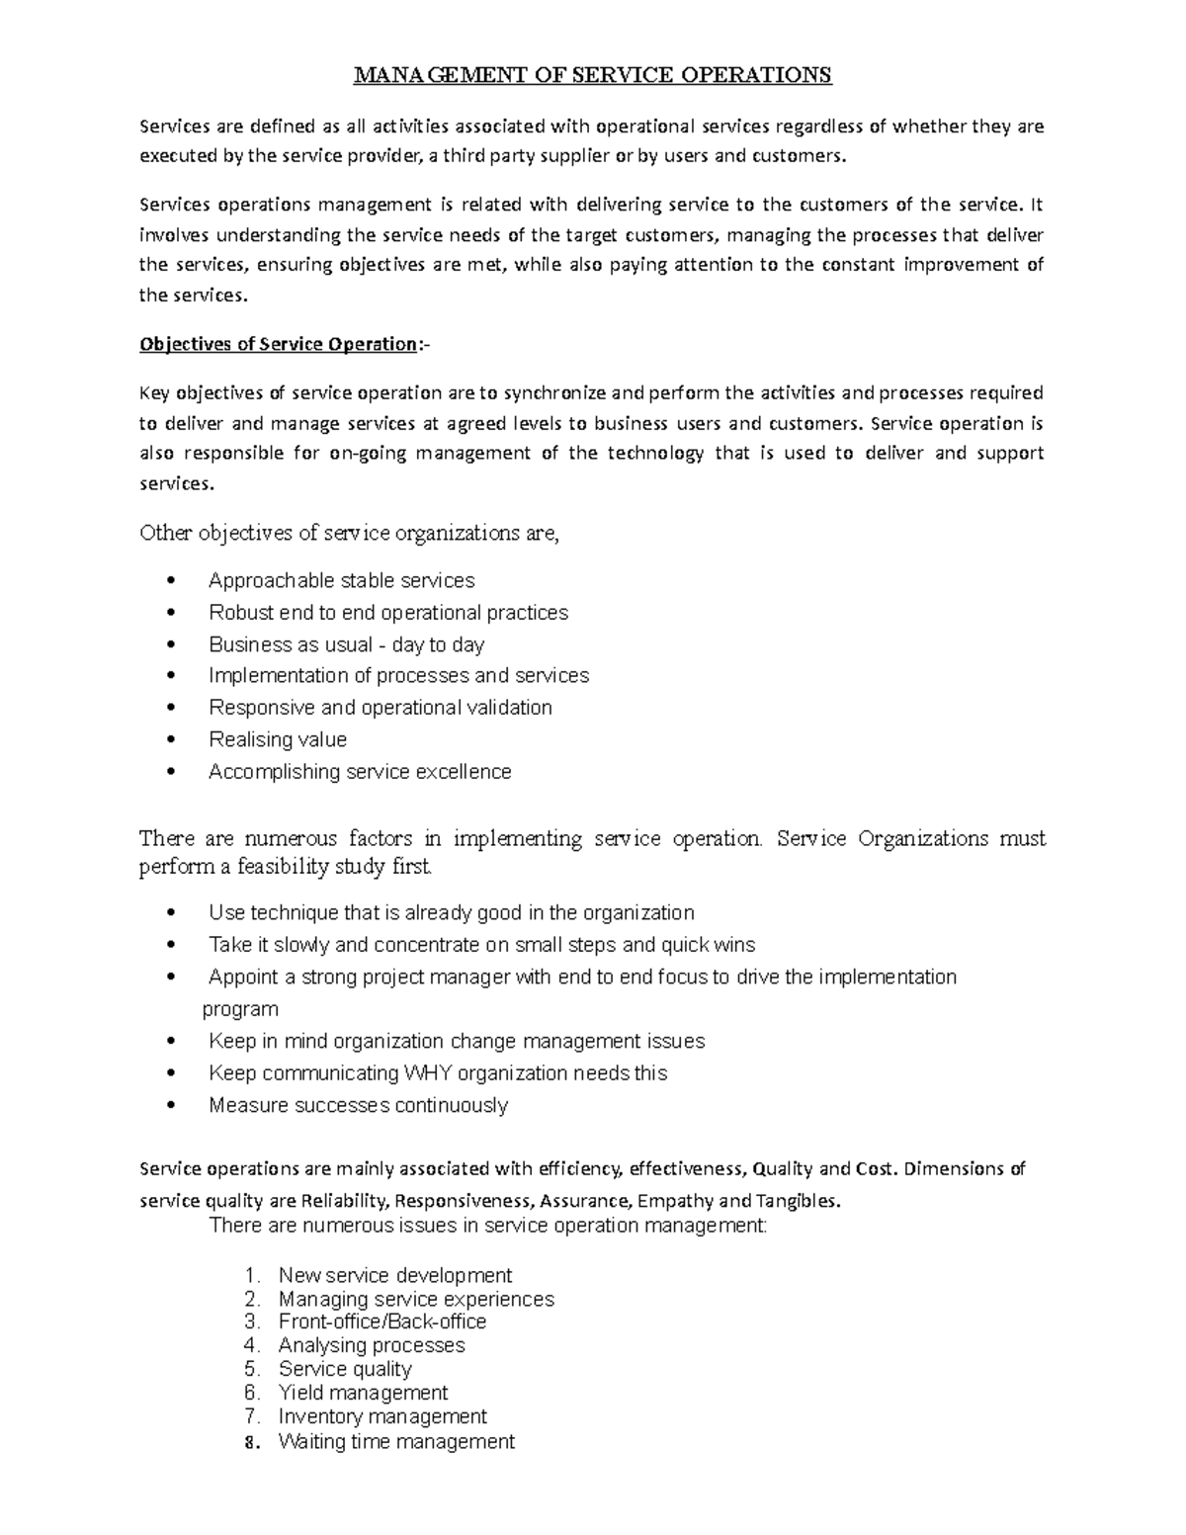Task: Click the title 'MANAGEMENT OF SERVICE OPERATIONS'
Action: click(x=593, y=75)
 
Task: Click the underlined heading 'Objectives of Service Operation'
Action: click(x=279, y=344)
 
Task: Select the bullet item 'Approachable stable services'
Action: click(x=341, y=580)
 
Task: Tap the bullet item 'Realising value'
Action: click(x=278, y=739)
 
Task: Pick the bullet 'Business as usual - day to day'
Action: click(x=346, y=644)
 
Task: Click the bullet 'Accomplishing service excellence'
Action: click(x=360, y=771)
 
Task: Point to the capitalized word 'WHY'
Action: click(x=429, y=1072)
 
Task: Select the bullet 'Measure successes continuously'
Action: click(x=358, y=1105)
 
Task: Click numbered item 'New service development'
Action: click(x=394, y=1275)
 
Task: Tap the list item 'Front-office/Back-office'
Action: click(x=381, y=1322)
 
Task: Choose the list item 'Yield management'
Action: click(x=363, y=1393)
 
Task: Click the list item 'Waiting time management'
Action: click(x=396, y=1441)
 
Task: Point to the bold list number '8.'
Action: click(x=251, y=1442)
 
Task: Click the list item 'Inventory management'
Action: click(x=382, y=1416)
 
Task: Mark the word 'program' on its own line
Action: click(x=240, y=1009)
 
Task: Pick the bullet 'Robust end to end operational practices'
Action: click(x=388, y=613)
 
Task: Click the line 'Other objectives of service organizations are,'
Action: click(x=350, y=534)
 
